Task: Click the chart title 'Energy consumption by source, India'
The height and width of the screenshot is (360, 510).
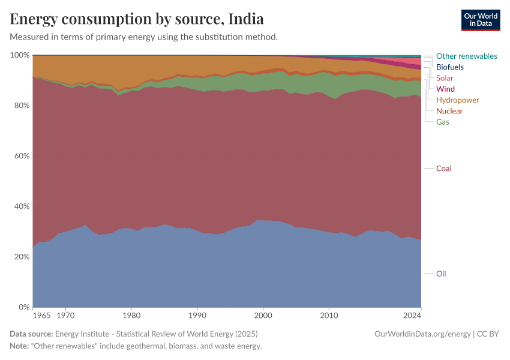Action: click(137, 19)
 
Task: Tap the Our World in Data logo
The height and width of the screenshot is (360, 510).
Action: click(480, 20)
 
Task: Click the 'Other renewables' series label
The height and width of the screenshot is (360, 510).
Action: click(466, 56)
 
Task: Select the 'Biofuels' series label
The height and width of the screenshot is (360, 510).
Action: click(449, 67)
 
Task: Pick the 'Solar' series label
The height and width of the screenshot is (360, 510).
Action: click(445, 78)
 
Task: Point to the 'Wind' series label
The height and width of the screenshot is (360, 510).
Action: click(445, 89)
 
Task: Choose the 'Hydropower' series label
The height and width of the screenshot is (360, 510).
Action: click(457, 100)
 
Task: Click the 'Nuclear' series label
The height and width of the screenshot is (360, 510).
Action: click(449, 111)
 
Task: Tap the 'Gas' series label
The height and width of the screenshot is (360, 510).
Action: click(442, 122)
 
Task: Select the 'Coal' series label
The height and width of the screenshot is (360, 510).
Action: click(443, 169)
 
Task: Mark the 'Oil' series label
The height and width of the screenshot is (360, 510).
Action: click(441, 274)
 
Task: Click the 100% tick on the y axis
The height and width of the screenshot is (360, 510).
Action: click(20, 55)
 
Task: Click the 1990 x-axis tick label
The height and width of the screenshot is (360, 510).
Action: click(197, 314)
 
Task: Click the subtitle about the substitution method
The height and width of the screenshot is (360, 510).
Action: click(143, 37)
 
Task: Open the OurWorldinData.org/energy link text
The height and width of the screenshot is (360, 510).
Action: click(422, 334)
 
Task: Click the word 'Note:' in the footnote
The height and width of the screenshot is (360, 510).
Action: click(20, 346)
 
